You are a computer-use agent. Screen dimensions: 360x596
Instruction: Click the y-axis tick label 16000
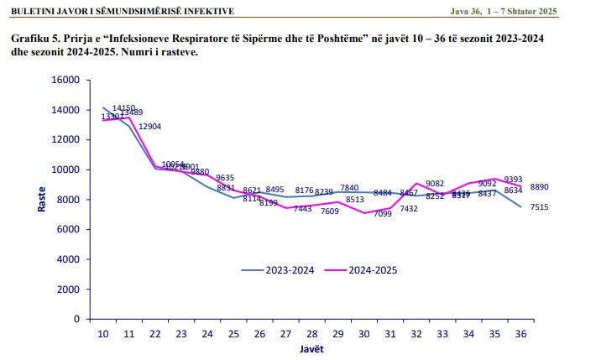[x=65, y=81]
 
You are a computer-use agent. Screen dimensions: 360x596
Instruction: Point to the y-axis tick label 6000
[x=68, y=230]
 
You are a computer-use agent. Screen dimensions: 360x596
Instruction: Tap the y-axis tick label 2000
[x=68, y=290]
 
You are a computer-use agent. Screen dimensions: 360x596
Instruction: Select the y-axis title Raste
[x=40, y=198]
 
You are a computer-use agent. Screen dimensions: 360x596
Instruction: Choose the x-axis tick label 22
[x=156, y=333]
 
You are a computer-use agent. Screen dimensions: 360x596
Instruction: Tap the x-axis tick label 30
[x=363, y=333]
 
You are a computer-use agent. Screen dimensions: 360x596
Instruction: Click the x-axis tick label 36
[x=520, y=333]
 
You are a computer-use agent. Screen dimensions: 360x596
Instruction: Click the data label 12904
[x=149, y=127]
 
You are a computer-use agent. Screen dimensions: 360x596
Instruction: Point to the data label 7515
[x=538, y=207]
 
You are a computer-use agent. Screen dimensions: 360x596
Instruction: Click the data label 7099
[x=383, y=214]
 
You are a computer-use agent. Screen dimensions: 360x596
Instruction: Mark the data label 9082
[x=435, y=184]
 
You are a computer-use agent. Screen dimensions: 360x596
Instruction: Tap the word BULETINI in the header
[x=32, y=11]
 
